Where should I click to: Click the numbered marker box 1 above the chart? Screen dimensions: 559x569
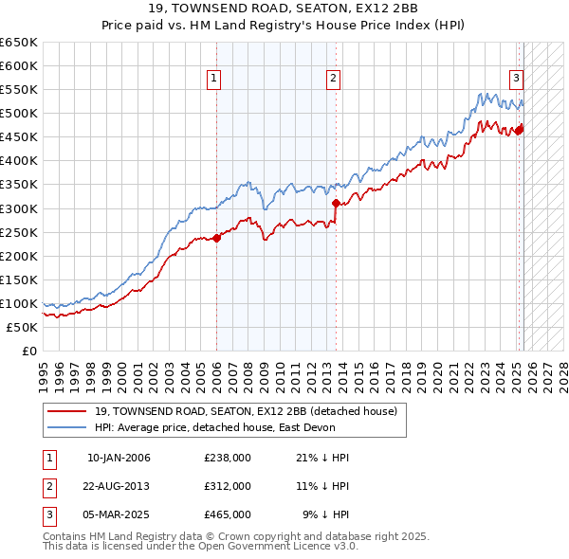215,79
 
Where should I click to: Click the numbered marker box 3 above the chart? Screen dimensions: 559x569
516,79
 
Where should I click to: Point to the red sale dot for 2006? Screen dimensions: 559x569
216,238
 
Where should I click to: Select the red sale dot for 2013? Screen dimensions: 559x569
336,203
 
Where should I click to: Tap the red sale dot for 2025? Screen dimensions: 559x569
519,130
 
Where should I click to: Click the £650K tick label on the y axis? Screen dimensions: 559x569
18,43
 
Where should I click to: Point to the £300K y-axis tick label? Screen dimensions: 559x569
18,208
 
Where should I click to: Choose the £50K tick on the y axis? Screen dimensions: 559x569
22,327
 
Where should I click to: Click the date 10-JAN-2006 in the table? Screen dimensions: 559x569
119,458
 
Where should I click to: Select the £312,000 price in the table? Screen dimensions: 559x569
228,486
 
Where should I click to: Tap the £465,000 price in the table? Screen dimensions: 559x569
228,514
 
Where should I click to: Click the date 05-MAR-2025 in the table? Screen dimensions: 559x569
119,514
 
